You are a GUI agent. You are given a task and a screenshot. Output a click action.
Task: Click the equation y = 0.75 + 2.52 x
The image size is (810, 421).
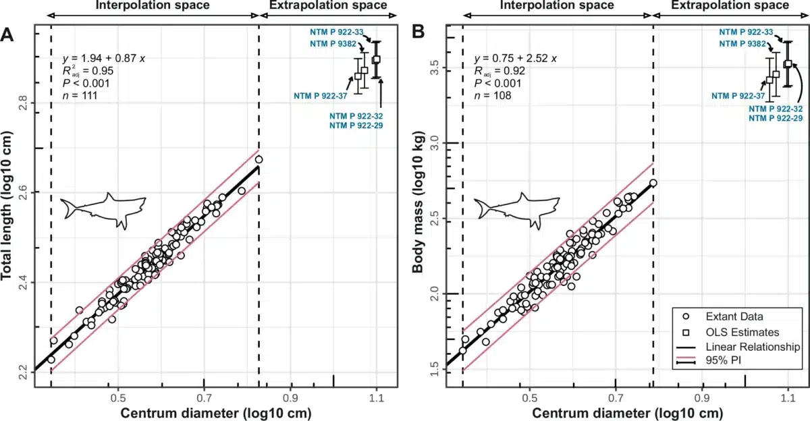(x=515, y=58)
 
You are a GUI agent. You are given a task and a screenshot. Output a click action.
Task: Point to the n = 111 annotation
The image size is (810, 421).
(x=79, y=95)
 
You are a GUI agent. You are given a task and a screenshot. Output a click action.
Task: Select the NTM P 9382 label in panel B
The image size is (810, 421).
(x=743, y=43)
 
